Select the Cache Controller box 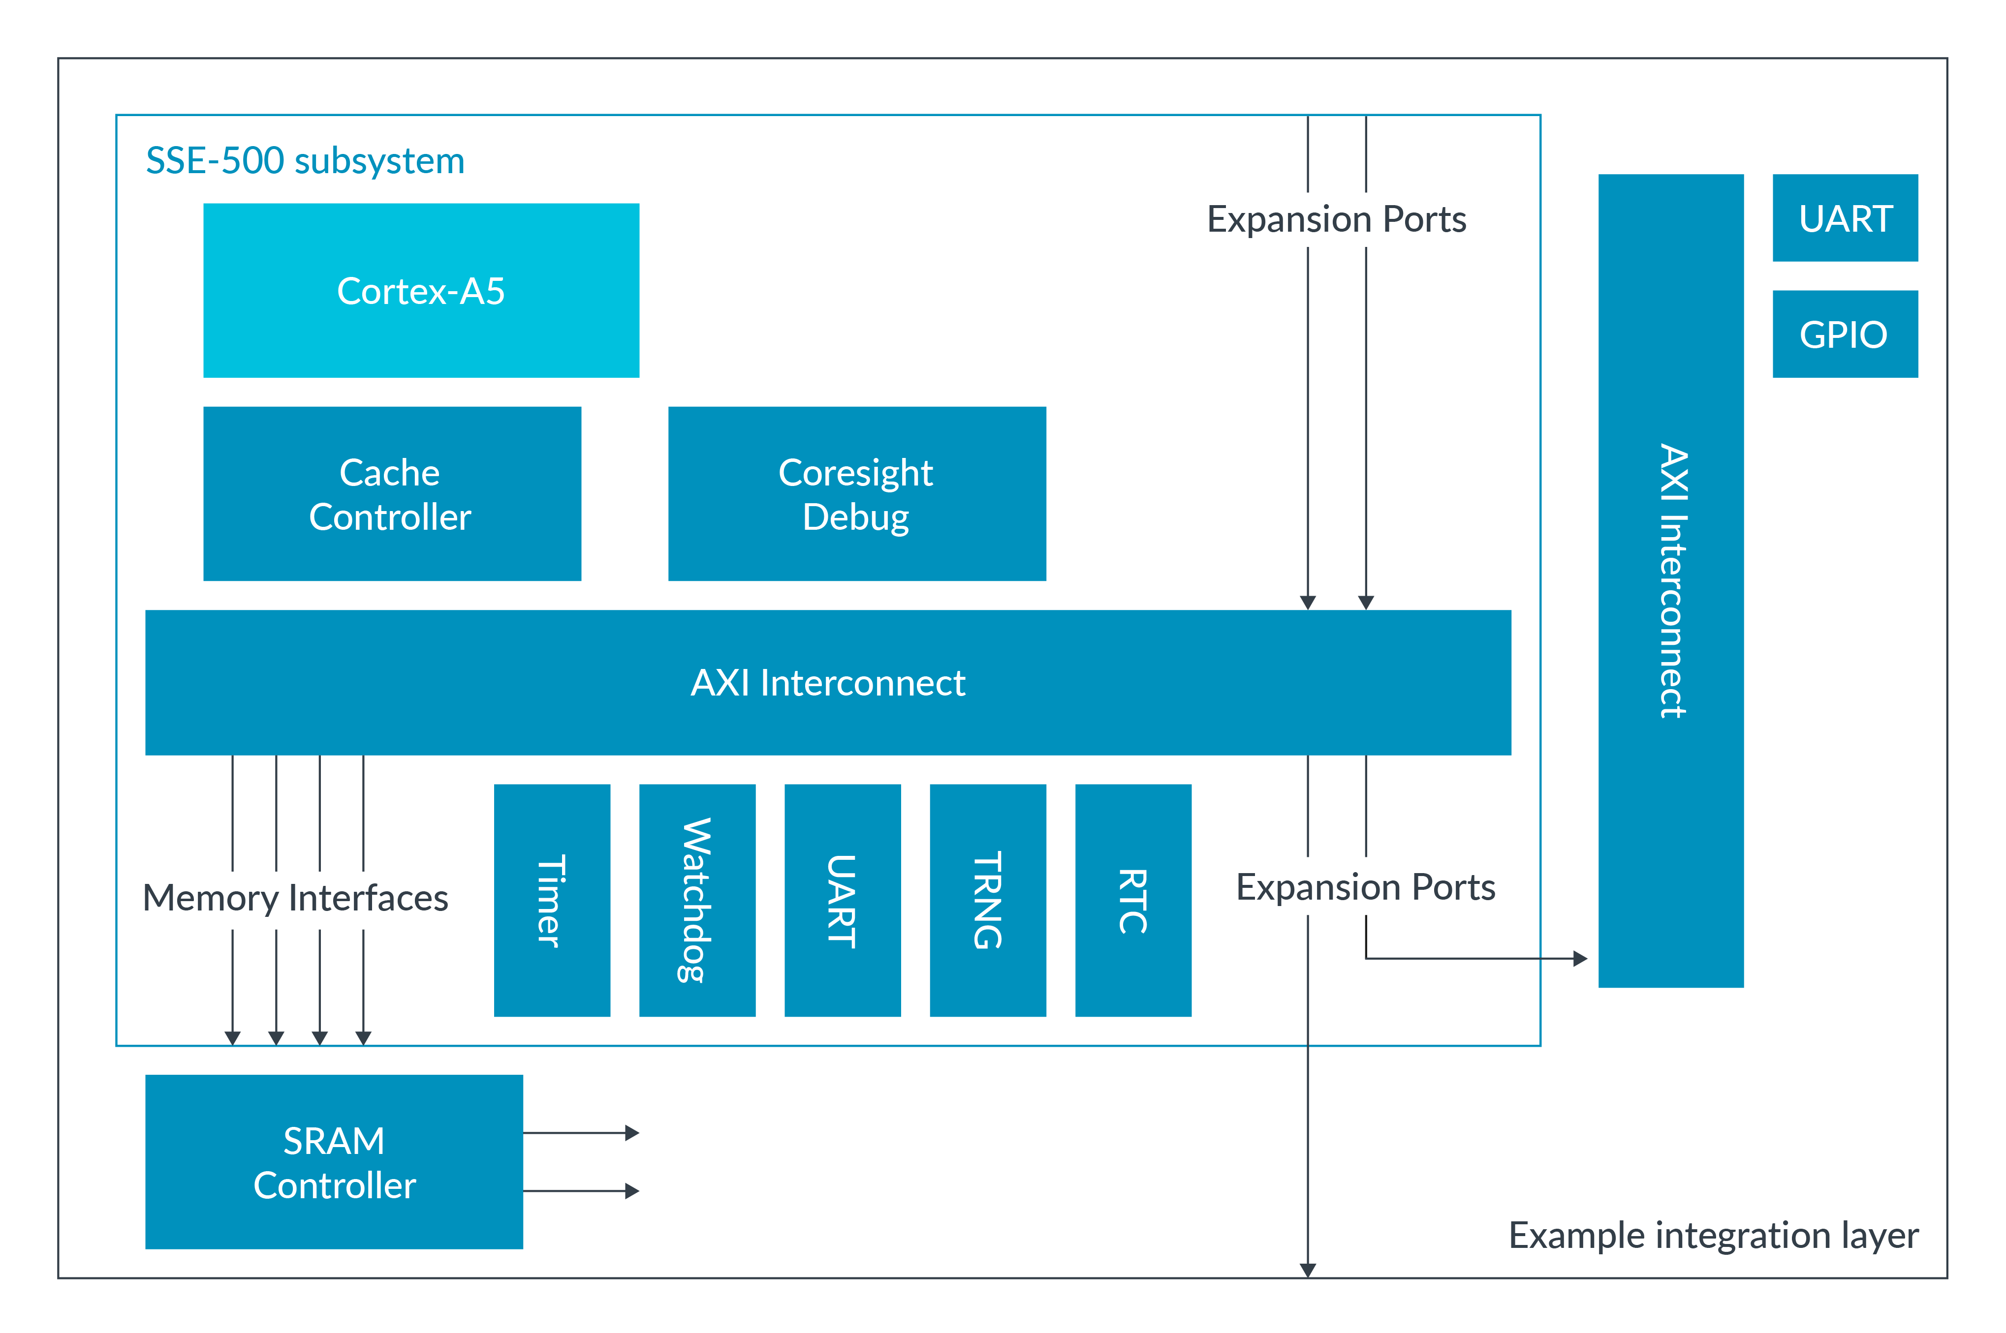coord(392,494)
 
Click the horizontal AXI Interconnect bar coord(827,683)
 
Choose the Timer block coord(552,900)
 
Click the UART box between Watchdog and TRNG coord(842,900)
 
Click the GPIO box coord(1845,333)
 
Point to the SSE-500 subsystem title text coord(305,161)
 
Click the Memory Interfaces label coord(295,898)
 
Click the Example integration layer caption coord(1713,1235)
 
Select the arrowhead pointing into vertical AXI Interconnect coord(1580,959)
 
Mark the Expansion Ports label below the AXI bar coord(1365,887)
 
